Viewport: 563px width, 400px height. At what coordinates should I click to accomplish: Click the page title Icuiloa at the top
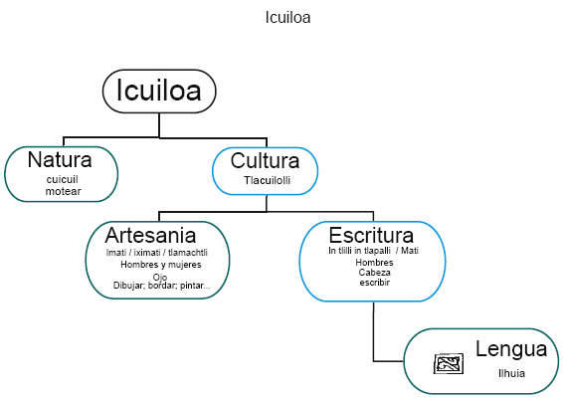pos(288,18)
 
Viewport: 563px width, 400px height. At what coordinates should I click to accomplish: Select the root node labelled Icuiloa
pos(159,91)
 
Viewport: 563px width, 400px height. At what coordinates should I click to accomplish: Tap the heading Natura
pos(60,160)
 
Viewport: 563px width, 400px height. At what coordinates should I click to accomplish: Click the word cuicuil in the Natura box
pos(62,179)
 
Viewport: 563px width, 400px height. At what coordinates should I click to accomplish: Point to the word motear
pos(63,190)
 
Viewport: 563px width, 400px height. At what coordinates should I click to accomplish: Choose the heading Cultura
pos(265,161)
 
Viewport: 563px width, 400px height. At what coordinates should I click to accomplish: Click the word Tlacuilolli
pos(266,180)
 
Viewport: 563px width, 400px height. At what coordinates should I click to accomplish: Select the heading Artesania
pos(150,236)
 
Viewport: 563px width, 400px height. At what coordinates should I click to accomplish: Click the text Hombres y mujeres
pos(161,265)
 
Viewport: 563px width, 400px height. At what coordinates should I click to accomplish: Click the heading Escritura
pos(371,236)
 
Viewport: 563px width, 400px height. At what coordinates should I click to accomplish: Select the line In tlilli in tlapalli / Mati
pos(373,252)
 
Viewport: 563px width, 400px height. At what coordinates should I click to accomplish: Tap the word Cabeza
pos(375,273)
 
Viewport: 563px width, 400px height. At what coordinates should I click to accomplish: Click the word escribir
pos(375,283)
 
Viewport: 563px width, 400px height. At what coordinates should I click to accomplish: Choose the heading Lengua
pos(511,349)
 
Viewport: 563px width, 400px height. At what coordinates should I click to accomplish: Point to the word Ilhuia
pos(511,373)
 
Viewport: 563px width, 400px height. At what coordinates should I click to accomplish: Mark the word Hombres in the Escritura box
pos(375,263)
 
